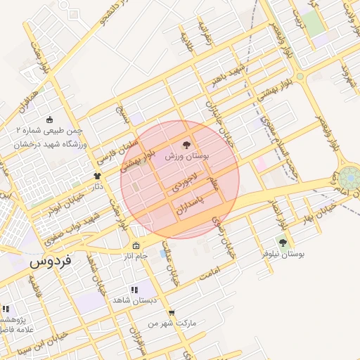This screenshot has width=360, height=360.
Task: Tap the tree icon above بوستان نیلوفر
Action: click(x=283, y=243)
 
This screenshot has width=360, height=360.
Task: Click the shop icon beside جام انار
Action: click(x=136, y=247)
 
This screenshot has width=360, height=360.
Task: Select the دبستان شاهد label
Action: click(x=132, y=300)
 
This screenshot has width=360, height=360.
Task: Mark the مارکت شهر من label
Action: click(x=172, y=323)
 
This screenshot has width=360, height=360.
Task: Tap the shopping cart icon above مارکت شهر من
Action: click(x=172, y=313)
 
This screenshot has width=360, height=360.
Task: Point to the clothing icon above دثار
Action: click(x=98, y=176)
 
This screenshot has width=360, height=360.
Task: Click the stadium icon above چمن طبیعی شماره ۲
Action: click(x=49, y=120)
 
